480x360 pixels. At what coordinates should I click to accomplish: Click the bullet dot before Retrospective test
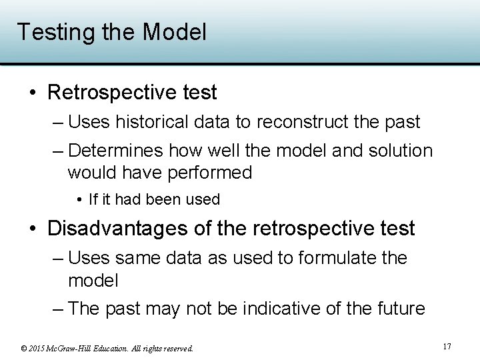click(x=33, y=93)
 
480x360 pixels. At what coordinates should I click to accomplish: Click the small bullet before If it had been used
click(x=80, y=199)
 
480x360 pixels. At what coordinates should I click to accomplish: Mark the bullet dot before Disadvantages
click(x=33, y=229)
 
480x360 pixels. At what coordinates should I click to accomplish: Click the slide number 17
click(x=447, y=347)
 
